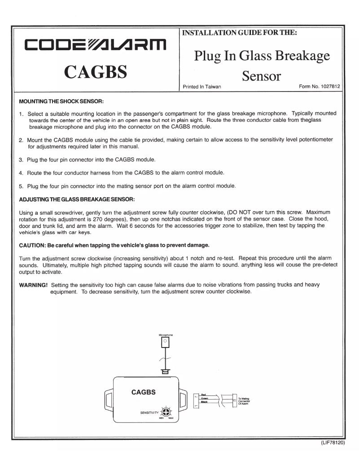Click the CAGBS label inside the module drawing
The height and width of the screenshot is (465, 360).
[143, 392]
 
